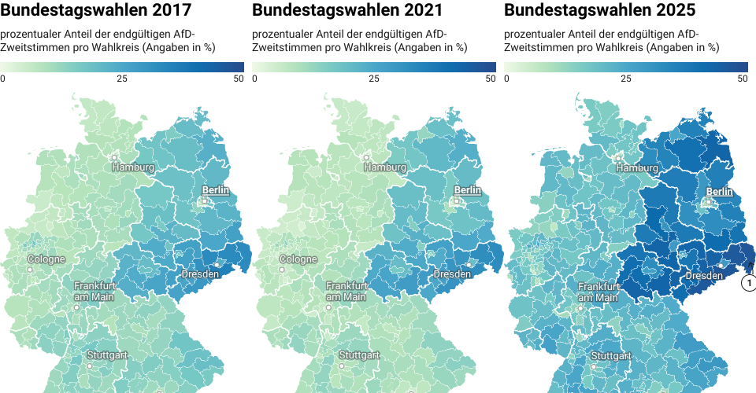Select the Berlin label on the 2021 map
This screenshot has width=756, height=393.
pos(468,190)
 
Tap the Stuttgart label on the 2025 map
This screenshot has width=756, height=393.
pos(611,356)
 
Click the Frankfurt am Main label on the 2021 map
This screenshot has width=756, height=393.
pos(346,292)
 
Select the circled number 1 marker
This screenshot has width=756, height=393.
pos(750,283)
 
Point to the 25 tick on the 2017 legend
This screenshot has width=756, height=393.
pos(122,79)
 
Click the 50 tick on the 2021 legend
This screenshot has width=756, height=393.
pos(491,79)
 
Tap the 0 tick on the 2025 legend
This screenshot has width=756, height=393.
pos(506,79)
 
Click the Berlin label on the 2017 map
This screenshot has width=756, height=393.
pos(216,190)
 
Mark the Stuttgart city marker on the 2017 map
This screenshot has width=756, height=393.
pos(90,365)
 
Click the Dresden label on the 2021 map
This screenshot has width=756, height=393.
pos(452,275)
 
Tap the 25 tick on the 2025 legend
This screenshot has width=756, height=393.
pos(626,79)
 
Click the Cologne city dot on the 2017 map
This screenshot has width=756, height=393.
pos(31,270)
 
